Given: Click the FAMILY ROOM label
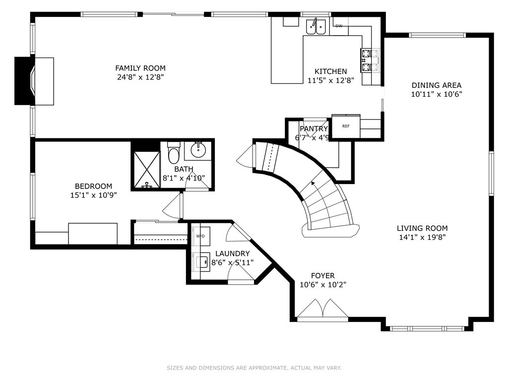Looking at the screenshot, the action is [140, 68].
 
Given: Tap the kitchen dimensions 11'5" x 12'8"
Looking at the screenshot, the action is [330, 80].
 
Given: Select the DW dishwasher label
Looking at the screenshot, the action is [338, 26].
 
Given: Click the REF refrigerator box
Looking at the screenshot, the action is [346, 126].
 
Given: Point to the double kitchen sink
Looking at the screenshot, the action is [316, 26].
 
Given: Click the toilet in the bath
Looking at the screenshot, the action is [174, 152].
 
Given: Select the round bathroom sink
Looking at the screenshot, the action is [197, 150].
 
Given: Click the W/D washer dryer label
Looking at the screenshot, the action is [200, 236].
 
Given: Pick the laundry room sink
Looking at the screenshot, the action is [202, 262].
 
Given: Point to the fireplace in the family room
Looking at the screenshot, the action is [34, 81].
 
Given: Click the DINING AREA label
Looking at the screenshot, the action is [437, 85].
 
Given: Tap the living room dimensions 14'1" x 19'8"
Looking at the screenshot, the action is [422, 237].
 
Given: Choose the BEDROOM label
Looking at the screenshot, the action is [93, 187].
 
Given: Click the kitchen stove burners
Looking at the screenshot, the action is [366, 60].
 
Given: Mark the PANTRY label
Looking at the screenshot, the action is [314, 128].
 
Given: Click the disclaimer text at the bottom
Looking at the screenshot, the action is [254, 368].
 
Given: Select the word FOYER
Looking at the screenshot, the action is [322, 276].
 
